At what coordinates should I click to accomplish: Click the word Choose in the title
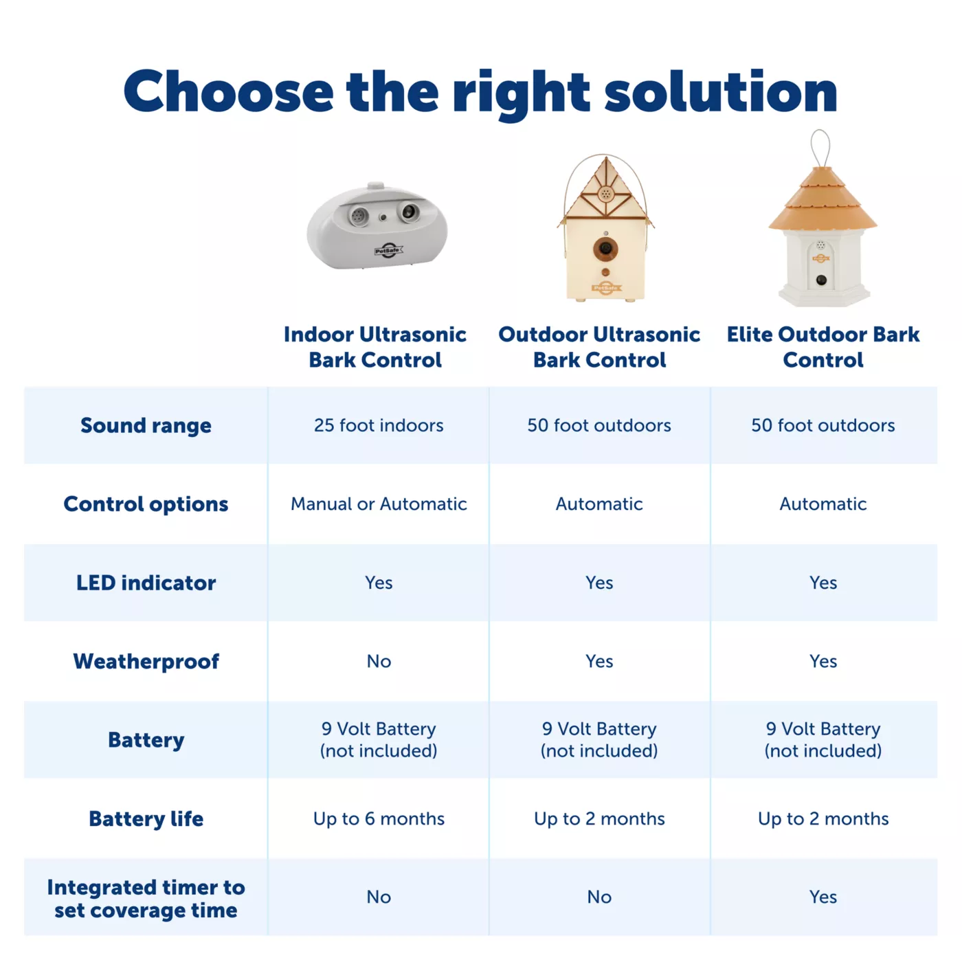pyautogui.click(x=228, y=92)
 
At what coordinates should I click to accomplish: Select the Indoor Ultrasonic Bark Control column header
pyautogui.click(x=375, y=347)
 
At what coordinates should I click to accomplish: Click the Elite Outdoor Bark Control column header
pyautogui.click(x=823, y=347)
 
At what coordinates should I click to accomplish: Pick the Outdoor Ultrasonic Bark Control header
pyautogui.click(x=599, y=347)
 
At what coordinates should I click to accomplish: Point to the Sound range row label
pyautogui.click(x=146, y=425)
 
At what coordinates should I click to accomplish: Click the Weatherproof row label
pyautogui.click(x=146, y=662)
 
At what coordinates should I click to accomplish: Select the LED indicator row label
pyautogui.click(x=146, y=583)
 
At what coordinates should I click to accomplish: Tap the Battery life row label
pyautogui.click(x=146, y=819)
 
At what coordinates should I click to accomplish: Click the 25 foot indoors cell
pyautogui.click(x=379, y=425)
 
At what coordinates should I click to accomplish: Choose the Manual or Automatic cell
pyautogui.click(x=379, y=504)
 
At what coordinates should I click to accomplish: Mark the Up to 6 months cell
pyautogui.click(x=379, y=818)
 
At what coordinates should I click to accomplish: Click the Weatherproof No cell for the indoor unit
pyautogui.click(x=379, y=662)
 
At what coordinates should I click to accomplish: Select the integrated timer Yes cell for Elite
pyautogui.click(x=823, y=897)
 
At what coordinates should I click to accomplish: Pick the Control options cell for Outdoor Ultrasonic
pyautogui.click(x=599, y=504)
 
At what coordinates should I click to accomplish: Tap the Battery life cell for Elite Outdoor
pyautogui.click(x=823, y=818)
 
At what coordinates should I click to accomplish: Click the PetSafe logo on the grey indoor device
pyautogui.click(x=388, y=250)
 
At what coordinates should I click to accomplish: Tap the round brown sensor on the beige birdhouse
pyautogui.click(x=605, y=248)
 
